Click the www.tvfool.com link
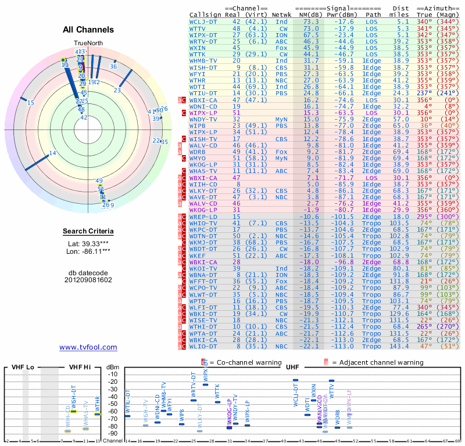tap(88, 347)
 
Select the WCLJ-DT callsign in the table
tap(203, 21)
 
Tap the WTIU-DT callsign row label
tap(203, 92)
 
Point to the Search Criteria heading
tap(88, 232)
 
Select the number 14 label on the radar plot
tap(52, 153)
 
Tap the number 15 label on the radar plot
tap(30, 103)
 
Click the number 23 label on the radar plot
tap(117, 91)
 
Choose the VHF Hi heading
tap(80, 368)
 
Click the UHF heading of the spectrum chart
tap(292, 368)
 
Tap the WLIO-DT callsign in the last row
tap(203, 346)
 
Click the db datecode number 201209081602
tap(88, 279)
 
